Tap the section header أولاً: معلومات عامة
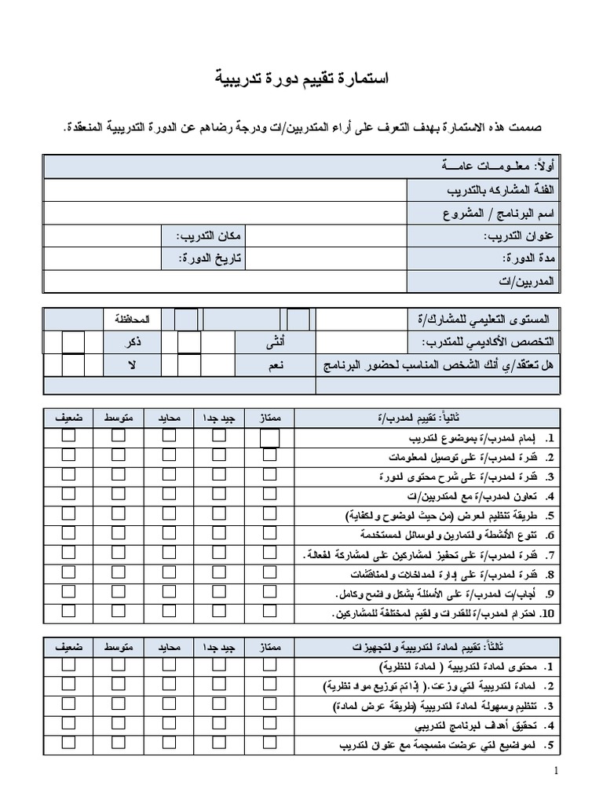click(499, 166)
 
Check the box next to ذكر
click(72, 342)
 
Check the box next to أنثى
click(188, 342)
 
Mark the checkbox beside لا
click(72, 365)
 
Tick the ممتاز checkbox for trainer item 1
click(269, 437)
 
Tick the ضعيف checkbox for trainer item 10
click(69, 611)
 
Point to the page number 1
click(556, 771)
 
